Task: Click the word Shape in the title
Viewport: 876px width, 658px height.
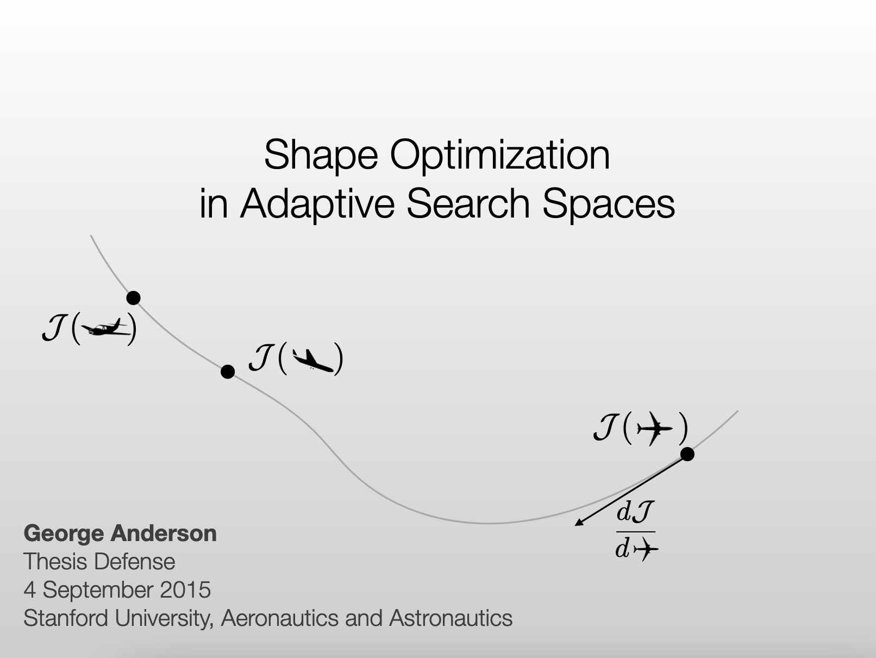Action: tap(321, 155)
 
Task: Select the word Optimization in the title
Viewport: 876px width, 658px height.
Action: tap(500, 155)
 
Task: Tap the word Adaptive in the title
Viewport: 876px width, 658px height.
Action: tap(317, 203)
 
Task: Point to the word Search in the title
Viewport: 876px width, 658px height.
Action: tap(468, 203)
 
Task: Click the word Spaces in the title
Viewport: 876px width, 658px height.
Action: tap(609, 203)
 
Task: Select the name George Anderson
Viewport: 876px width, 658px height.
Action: tap(120, 533)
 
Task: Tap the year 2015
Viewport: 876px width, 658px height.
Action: tap(185, 589)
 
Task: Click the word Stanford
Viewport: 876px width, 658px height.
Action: tap(66, 618)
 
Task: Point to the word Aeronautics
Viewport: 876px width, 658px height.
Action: tap(280, 618)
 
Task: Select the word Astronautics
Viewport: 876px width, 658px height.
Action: tap(450, 618)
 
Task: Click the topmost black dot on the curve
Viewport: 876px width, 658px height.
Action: tap(133, 298)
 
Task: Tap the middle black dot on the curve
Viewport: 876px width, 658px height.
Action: tap(228, 372)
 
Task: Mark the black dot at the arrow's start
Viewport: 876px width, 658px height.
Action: tap(687, 455)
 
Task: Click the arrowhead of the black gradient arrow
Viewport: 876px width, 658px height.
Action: tap(579, 523)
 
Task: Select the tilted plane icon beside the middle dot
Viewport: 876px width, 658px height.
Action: tap(312, 360)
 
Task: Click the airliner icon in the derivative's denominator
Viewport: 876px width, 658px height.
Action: tap(646, 550)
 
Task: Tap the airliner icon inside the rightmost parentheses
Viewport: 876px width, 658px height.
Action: tap(654, 429)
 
